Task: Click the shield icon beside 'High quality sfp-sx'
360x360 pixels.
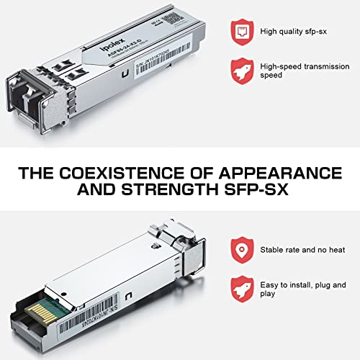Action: point(241,31)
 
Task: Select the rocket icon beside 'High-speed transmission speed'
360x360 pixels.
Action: point(241,71)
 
